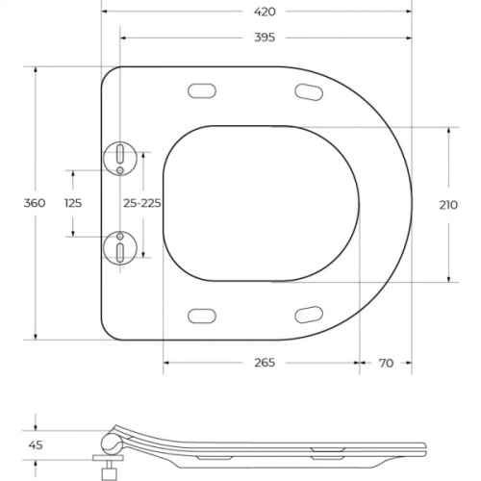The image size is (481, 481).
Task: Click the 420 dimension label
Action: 265,12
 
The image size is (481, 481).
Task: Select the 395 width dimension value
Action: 265,38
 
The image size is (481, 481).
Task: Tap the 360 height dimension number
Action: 35,203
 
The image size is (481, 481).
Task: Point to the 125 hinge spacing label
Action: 73,203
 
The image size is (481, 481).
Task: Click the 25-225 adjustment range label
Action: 142,203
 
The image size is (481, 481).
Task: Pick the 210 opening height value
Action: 448,205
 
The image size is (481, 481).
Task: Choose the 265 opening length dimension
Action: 265,363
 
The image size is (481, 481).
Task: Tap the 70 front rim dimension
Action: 386,363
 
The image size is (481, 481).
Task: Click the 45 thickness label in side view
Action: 36,445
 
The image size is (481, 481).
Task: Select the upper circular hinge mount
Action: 120,159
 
